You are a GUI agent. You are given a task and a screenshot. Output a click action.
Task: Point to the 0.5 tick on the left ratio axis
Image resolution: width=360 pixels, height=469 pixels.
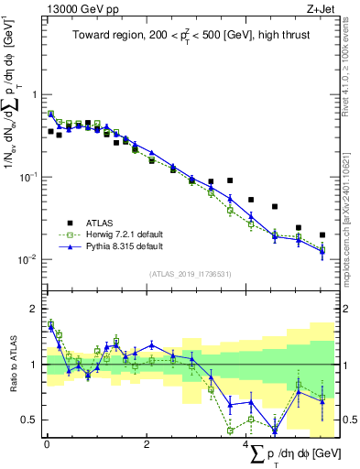click(x=33, y=420)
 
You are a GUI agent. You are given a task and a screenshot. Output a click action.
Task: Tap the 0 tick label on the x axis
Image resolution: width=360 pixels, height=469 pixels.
click(x=47, y=444)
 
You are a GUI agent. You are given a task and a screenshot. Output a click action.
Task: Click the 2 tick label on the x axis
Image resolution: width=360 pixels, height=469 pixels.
click(x=147, y=444)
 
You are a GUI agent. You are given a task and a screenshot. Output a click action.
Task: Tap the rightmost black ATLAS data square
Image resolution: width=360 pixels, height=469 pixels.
click(x=322, y=235)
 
